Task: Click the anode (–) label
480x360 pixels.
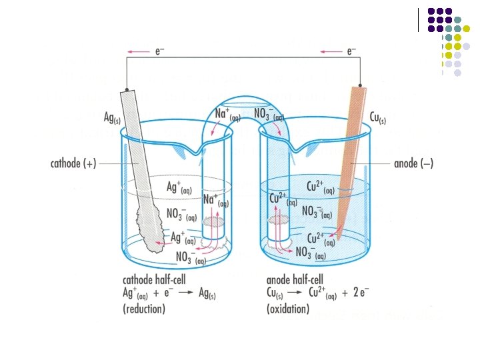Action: pos(413,163)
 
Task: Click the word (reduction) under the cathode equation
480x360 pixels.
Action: pos(144,309)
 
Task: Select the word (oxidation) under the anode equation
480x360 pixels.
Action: pos(288,309)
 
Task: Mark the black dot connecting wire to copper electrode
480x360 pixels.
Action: pos(360,86)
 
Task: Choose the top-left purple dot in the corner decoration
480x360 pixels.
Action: pos(431,11)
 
